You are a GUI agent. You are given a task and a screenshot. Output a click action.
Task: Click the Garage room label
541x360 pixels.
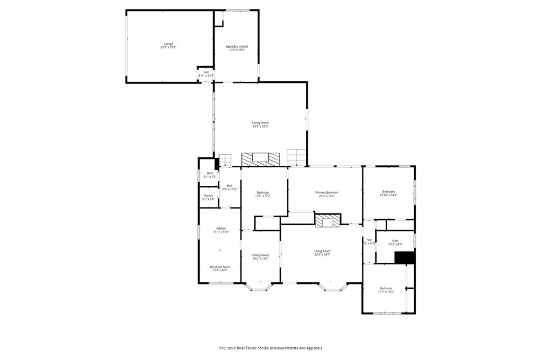click(168, 44)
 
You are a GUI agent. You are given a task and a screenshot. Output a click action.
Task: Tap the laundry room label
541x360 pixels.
click(237, 46)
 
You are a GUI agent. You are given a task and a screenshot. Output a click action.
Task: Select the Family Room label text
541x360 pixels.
click(260, 122)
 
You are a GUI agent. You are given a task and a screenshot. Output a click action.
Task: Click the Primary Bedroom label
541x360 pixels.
click(327, 192)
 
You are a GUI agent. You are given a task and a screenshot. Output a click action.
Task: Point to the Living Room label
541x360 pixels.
click(322, 251)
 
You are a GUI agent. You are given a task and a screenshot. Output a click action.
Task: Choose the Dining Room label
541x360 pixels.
click(260, 255)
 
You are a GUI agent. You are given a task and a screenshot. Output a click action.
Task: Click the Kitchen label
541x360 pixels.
click(220, 228)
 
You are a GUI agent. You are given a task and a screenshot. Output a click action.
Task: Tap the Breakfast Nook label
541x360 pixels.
click(220, 267)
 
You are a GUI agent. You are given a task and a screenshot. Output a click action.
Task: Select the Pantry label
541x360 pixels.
click(208, 195)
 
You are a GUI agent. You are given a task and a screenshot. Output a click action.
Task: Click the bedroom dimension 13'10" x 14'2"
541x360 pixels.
click(388, 195)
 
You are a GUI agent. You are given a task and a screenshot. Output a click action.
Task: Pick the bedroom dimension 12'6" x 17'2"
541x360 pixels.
click(263, 195)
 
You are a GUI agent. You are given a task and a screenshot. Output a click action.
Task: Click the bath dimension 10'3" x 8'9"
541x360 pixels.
click(395, 244)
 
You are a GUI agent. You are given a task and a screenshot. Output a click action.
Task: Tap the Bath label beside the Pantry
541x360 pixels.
click(210, 173)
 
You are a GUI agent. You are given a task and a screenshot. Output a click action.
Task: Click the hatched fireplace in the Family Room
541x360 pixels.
click(260, 158)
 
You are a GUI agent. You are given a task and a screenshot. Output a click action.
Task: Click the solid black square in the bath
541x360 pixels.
click(405, 257)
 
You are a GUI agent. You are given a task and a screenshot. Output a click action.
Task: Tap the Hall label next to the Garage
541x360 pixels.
click(206, 72)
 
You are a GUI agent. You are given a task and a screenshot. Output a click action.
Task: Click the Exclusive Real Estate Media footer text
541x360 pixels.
click(270, 348)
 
